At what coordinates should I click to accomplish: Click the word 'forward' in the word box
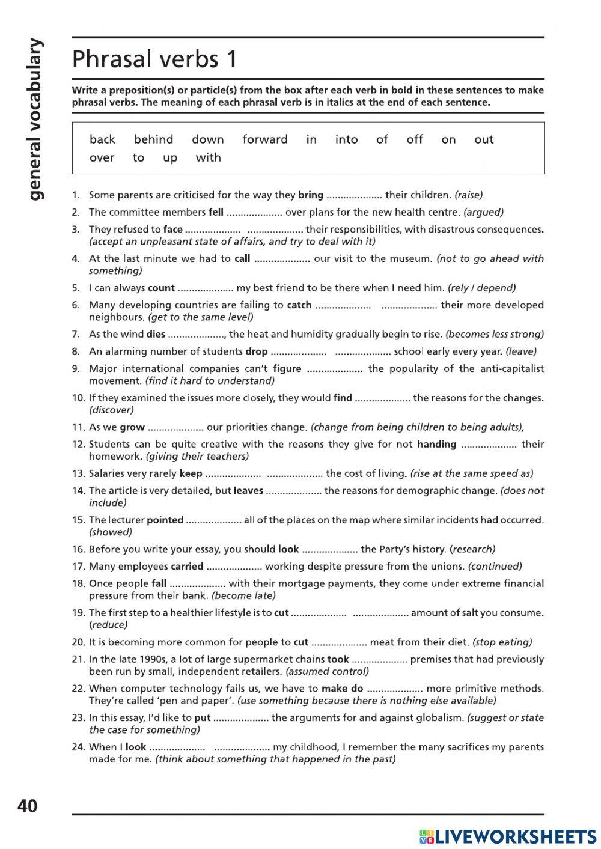[x=265, y=139]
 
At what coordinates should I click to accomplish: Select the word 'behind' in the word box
[x=153, y=139]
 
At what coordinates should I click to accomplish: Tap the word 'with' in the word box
[x=208, y=157]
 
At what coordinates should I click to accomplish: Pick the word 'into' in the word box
[x=346, y=139]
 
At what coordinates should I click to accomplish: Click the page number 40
[x=28, y=806]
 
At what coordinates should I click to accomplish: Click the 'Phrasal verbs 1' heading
[x=154, y=59]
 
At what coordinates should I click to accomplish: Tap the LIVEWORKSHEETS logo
[x=507, y=836]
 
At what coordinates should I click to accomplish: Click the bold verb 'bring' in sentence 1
[x=311, y=195]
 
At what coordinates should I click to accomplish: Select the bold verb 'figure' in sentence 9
[x=287, y=368]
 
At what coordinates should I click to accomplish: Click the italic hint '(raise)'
[x=469, y=195]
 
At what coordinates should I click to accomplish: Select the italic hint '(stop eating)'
[x=502, y=642]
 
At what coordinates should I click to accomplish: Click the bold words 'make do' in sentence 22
[x=342, y=689]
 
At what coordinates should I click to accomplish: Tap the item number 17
[x=78, y=566]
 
